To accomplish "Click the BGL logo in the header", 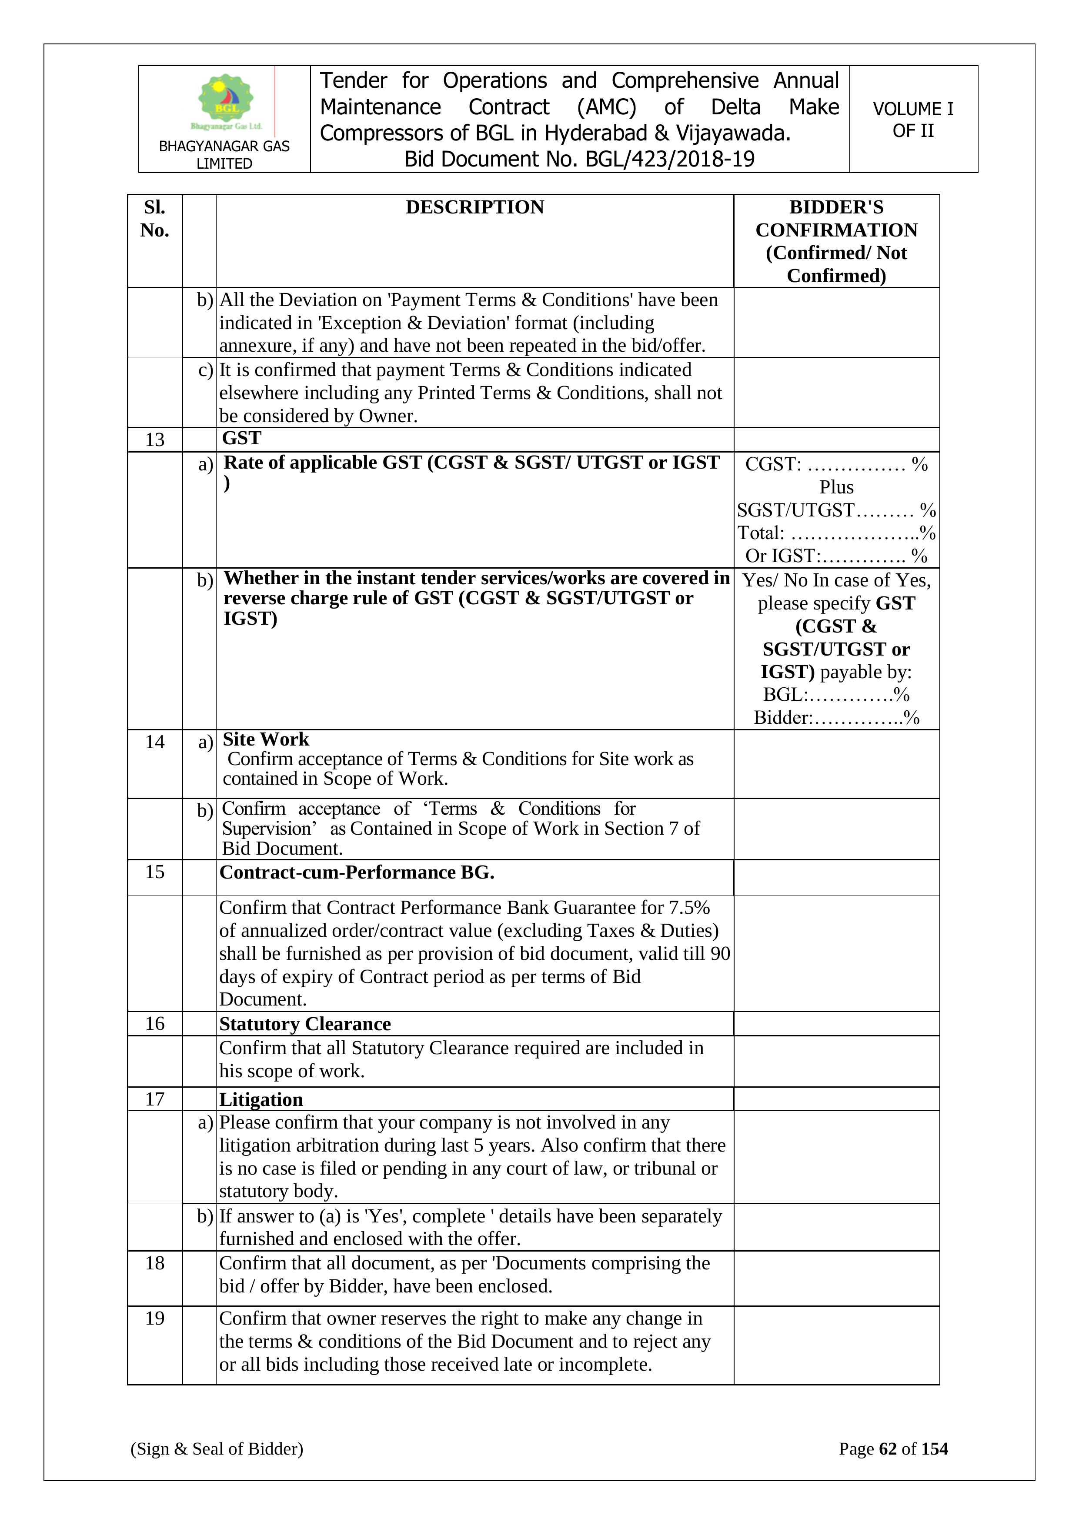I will pos(226,101).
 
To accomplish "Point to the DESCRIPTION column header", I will pos(474,207).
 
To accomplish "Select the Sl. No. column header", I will pos(155,219).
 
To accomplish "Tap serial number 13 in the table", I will pos(155,440).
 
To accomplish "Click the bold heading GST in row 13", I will pos(242,438).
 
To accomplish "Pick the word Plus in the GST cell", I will pos(836,487).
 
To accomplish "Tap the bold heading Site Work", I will pos(266,739).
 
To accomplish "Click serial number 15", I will pos(155,872).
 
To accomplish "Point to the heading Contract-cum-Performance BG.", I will pos(357,873).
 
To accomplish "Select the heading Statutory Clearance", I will pos(305,1024).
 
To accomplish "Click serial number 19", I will pos(155,1319).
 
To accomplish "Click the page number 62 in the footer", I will pos(888,1448).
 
